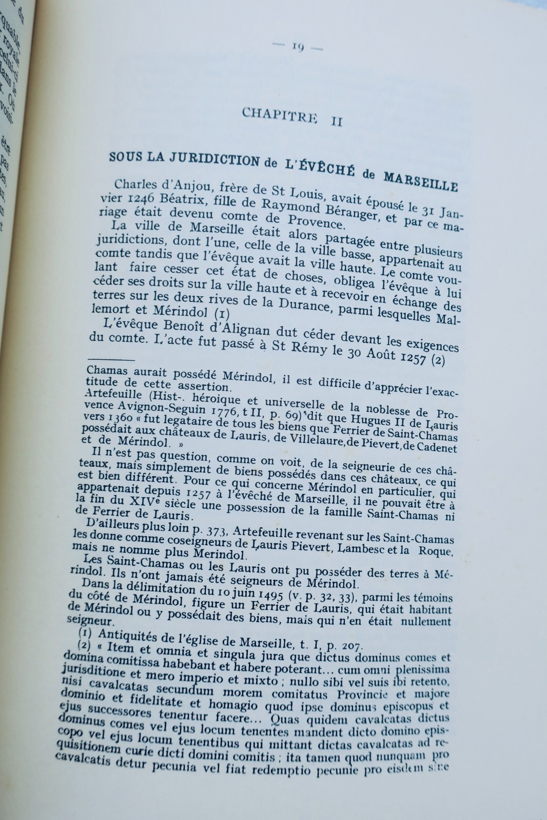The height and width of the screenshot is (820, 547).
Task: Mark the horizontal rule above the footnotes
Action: coord(111,360)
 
